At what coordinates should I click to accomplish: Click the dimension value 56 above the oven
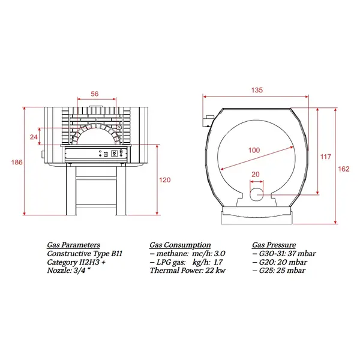(94, 94)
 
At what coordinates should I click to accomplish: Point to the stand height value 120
(165, 180)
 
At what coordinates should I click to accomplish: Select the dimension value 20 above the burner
(256, 175)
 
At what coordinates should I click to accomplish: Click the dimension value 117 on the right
(326, 157)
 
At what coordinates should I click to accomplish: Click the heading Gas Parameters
(74, 245)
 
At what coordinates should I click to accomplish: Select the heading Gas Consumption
(180, 245)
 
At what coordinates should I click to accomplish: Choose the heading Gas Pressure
(274, 245)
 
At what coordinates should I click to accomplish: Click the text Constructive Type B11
(85, 254)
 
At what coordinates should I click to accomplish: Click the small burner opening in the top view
(256, 193)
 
